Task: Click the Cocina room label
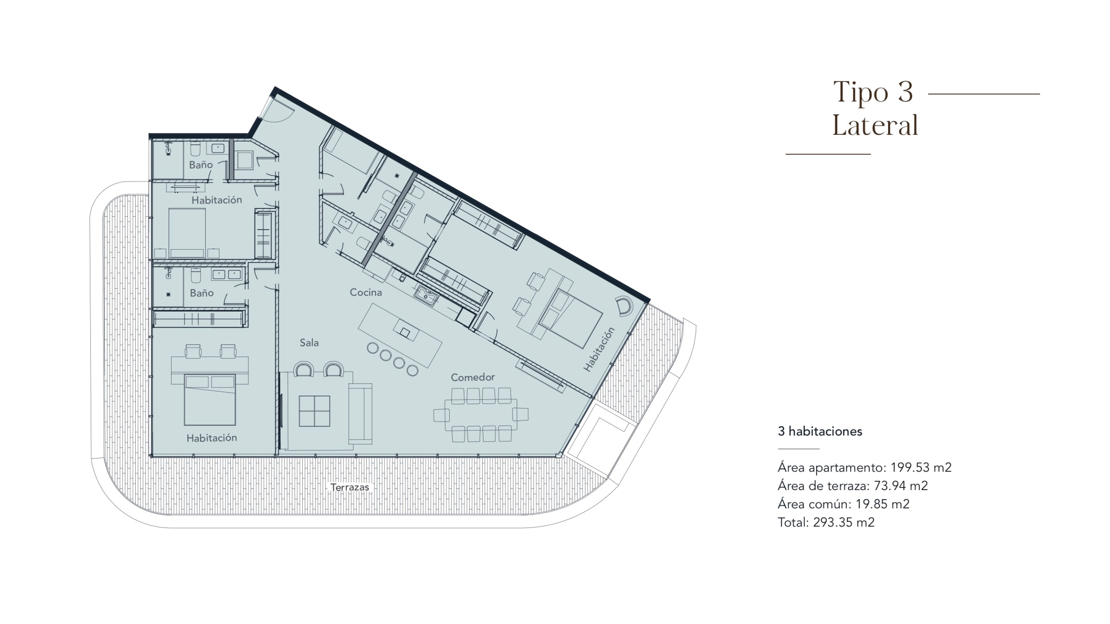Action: point(366,292)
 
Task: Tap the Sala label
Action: point(309,343)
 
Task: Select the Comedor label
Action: point(473,377)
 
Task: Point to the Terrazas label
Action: point(350,487)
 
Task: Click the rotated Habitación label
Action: point(599,349)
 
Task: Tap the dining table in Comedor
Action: point(481,415)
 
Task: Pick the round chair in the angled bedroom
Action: point(625,305)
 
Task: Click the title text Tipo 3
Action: point(873,92)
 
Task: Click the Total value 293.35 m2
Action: point(844,522)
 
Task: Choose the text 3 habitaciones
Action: point(820,431)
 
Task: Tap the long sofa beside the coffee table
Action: point(360,414)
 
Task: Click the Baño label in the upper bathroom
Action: point(201,165)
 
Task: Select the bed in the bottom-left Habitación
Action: point(210,400)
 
